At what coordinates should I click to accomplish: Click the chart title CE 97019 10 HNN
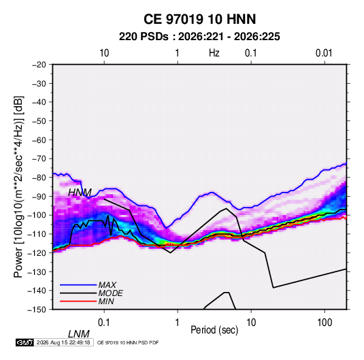tap(199, 19)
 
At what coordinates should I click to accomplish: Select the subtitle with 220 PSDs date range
tap(199, 37)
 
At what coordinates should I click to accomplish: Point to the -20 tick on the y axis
tap(39, 65)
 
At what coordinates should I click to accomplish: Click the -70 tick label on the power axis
tap(39, 159)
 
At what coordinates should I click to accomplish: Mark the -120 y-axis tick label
tap(37, 253)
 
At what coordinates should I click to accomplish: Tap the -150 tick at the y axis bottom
tap(37, 310)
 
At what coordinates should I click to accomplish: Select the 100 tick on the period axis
tap(325, 323)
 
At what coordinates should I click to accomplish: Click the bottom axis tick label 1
tap(178, 323)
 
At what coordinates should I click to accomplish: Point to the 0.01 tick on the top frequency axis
tap(324, 53)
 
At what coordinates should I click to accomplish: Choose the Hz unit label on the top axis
tap(214, 53)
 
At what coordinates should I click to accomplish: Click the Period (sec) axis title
tap(214, 330)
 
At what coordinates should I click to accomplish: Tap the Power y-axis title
tap(18, 186)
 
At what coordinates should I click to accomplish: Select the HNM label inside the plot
tap(80, 193)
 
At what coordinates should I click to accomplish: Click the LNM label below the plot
tap(79, 334)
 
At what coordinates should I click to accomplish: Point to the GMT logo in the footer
tap(24, 342)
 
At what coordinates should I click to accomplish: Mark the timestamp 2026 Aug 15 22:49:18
tap(63, 342)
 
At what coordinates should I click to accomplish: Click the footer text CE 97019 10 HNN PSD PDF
tap(128, 342)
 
